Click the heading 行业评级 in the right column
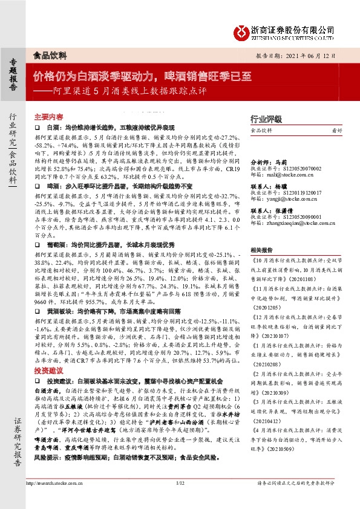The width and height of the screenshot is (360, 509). pos(266,118)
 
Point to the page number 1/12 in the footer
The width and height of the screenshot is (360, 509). pos(180,500)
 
